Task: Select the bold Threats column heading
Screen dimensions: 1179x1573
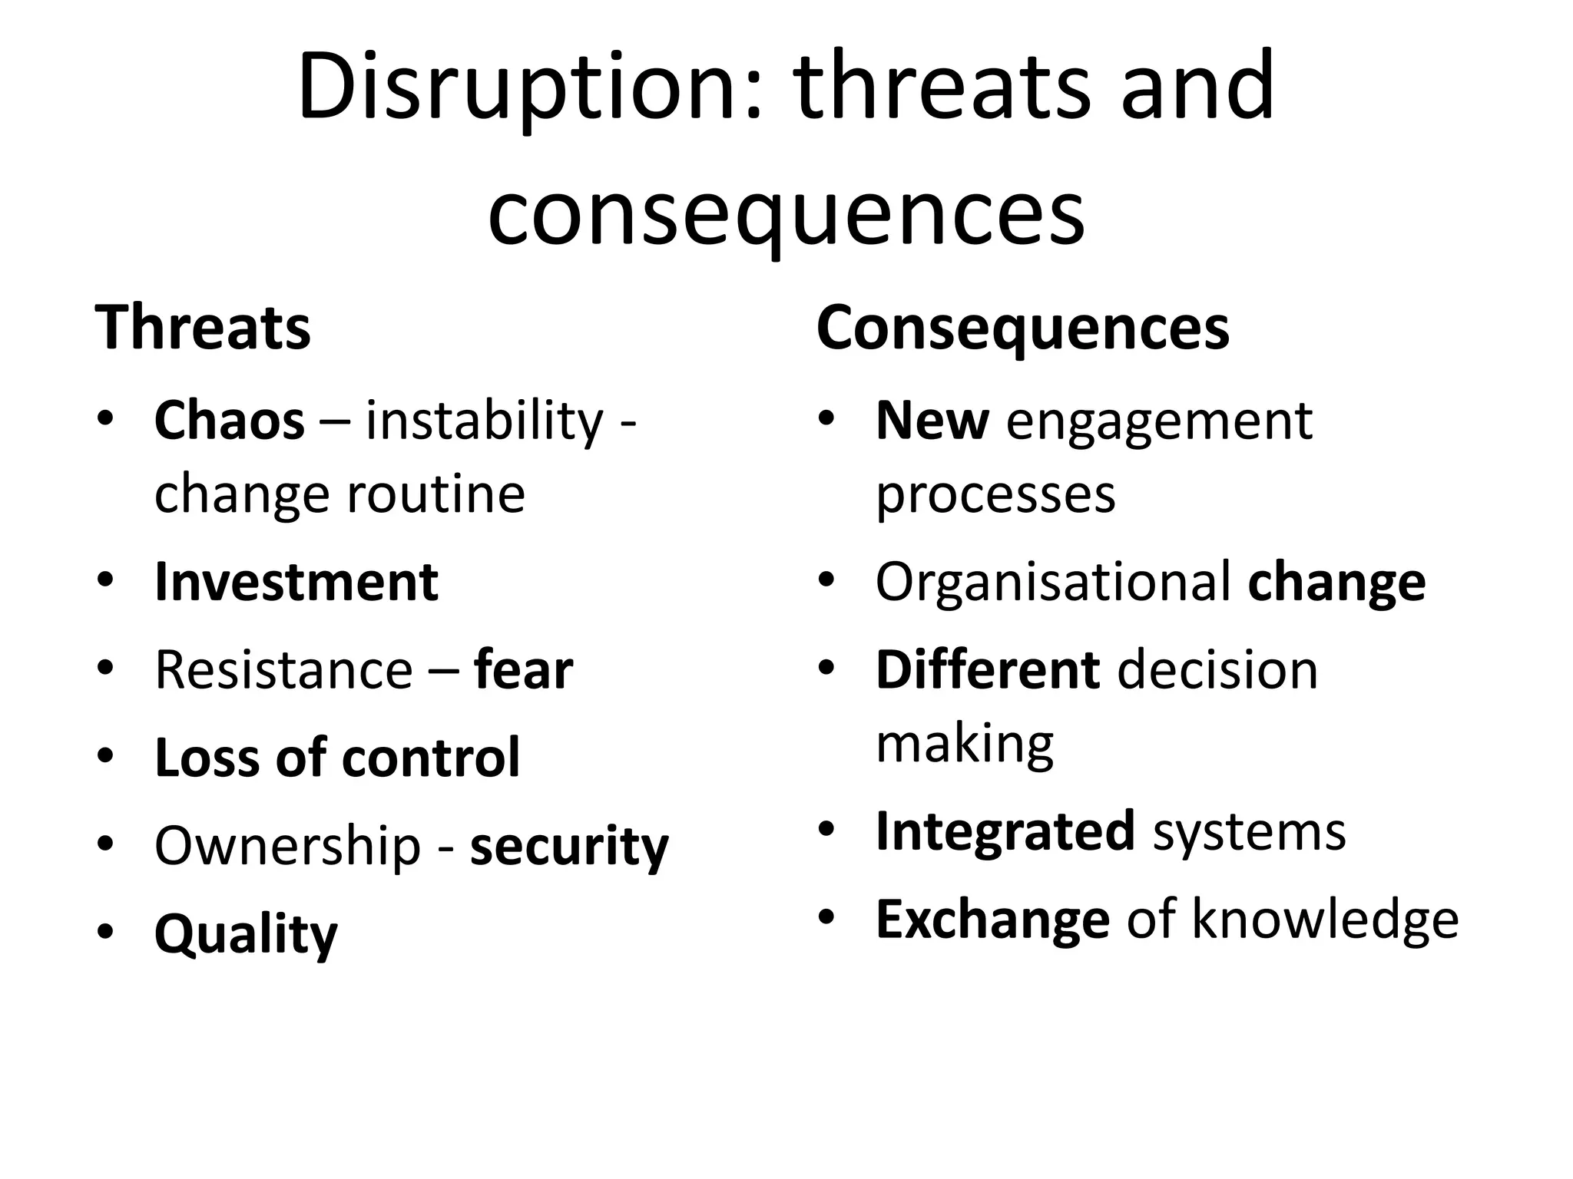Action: [x=203, y=328]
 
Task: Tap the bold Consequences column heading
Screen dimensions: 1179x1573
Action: [x=1023, y=328]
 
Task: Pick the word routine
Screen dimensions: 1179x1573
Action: [x=436, y=494]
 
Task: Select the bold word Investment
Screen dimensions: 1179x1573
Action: [x=296, y=582]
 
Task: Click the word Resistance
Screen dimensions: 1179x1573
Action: [x=284, y=670]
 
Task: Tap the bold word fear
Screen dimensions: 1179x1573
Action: [x=524, y=670]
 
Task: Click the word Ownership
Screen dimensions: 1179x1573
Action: [x=288, y=846]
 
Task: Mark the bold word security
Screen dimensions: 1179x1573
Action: [x=569, y=846]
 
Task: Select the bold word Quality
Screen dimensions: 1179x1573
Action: [x=246, y=934]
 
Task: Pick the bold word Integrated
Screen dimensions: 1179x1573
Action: [x=1005, y=831]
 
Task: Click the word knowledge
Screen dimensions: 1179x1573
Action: [x=1325, y=919]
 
